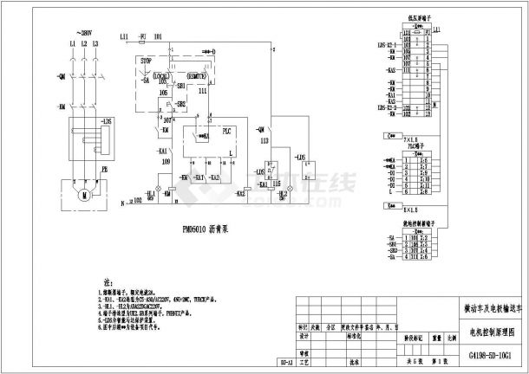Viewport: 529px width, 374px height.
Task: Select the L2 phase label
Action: [81, 43]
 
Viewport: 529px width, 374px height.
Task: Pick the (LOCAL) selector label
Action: [160, 77]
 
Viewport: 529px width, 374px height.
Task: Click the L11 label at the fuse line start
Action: [125, 37]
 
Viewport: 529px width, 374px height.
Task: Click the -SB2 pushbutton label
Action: [180, 104]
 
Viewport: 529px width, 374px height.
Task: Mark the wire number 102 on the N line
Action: [137, 201]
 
